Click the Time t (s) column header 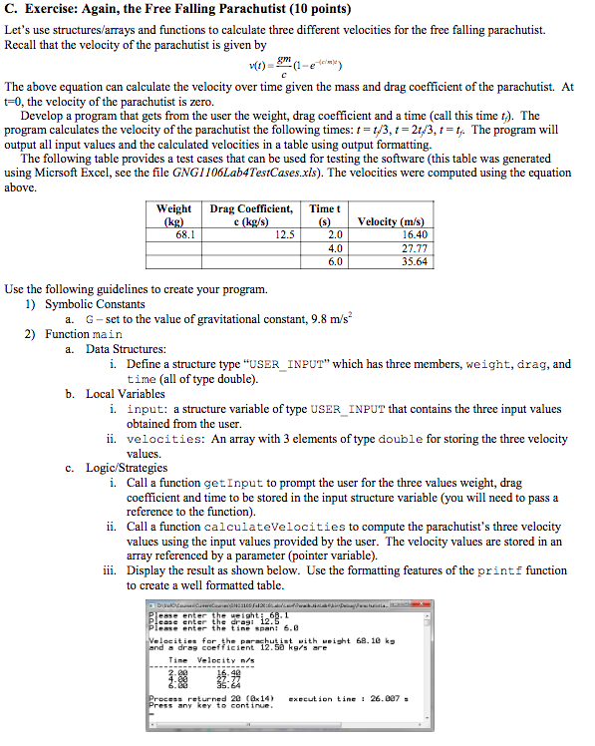click(x=325, y=214)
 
